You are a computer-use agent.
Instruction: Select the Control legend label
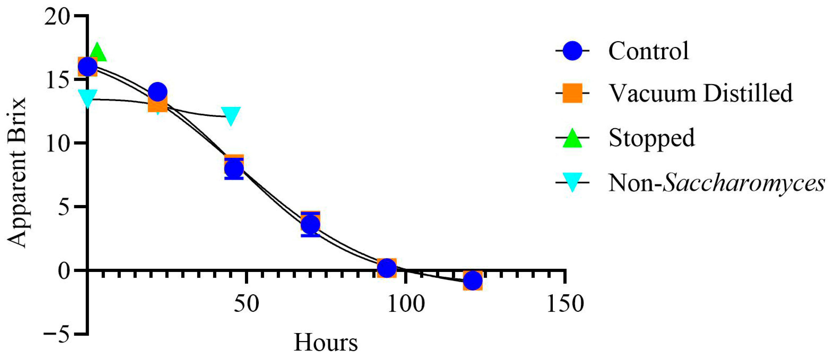(648, 51)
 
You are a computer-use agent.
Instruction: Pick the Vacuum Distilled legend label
(700, 93)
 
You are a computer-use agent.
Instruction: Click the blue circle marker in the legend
(572, 51)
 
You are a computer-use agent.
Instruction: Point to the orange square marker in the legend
(572, 93)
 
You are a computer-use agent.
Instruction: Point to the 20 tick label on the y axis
(57, 16)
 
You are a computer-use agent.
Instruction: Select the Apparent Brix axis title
(17, 172)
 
